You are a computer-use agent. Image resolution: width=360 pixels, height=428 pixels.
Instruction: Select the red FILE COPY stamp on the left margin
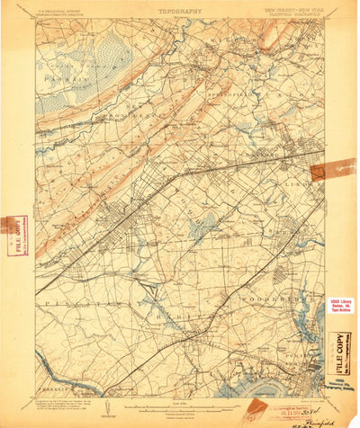[13, 236]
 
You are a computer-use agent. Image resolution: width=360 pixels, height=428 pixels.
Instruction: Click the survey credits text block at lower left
[72, 402]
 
